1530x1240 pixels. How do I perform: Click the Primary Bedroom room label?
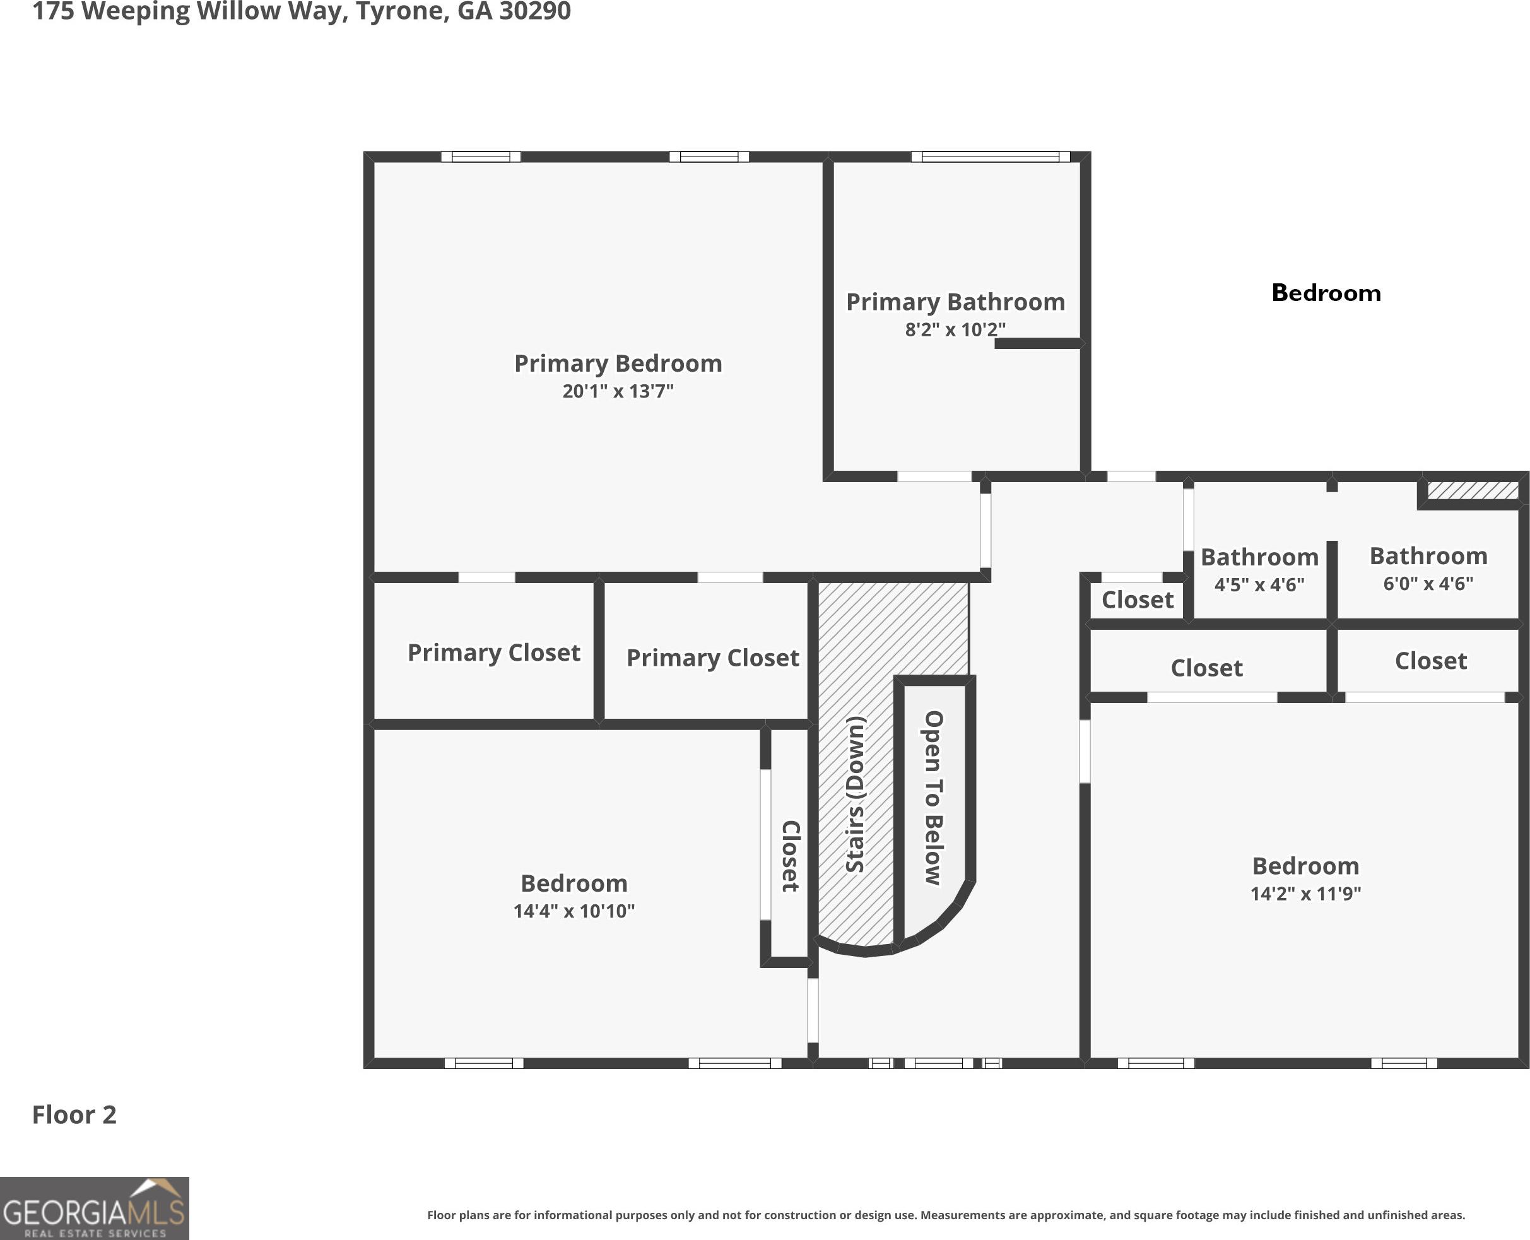coord(618,363)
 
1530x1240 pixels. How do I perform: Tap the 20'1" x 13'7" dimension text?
coord(618,391)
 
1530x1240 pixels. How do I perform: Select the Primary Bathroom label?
coord(955,302)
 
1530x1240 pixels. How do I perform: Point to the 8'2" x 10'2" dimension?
coord(955,329)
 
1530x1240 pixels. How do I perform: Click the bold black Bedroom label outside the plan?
coord(1326,293)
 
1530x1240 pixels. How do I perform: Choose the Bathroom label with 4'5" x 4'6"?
coord(1259,557)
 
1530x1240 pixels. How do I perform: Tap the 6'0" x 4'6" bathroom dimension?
coord(1428,584)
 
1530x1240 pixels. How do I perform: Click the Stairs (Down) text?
coord(856,794)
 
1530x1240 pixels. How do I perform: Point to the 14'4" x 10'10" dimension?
coord(574,911)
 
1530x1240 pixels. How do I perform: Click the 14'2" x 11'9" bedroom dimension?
coord(1306,894)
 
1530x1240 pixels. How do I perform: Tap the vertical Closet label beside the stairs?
coord(791,856)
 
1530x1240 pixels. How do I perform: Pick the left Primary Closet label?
coord(494,653)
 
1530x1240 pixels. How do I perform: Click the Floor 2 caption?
coord(74,1115)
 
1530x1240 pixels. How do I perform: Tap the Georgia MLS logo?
coord(94,1208)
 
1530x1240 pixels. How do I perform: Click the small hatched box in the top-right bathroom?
coord(1473,491)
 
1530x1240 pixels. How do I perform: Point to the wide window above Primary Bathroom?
coord(991,157)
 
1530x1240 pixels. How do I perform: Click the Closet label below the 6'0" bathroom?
coord(1431,661)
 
